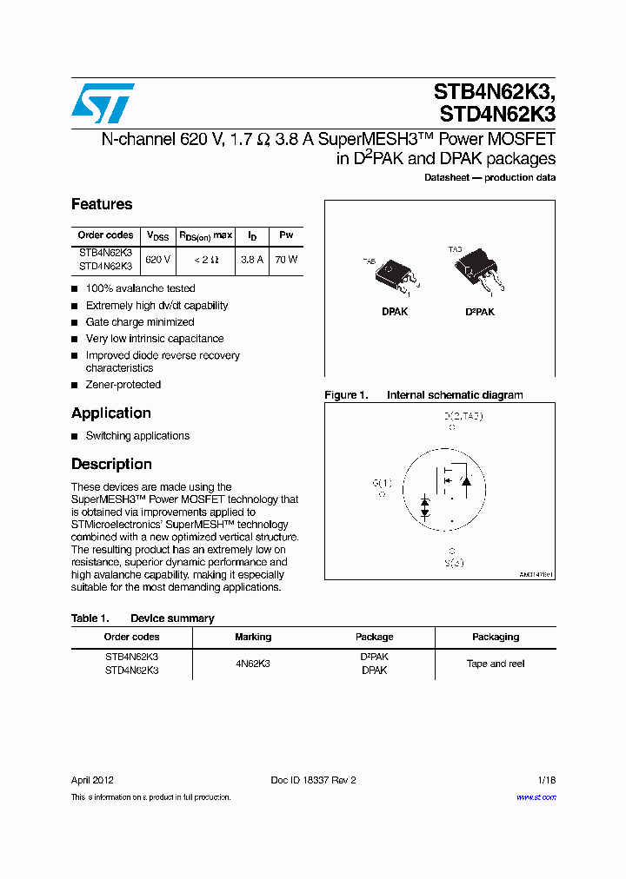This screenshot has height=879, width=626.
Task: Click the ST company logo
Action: click(x=103, y=103)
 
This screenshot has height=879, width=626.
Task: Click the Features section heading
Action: click(x=102, y=204)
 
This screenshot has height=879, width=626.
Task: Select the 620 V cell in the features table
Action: click(x=157, y=260)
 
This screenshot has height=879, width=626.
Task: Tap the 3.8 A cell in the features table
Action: click(x=252, y=260)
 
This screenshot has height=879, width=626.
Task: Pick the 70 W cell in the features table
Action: click(x=286, y=260)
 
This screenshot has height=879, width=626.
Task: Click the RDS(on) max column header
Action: click(x=206, y=235)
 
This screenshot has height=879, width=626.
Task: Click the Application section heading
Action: click(x=111, y=413)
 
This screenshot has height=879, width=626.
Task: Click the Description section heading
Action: click(x=111, y=464)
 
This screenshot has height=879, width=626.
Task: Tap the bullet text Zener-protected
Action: click(x=123, y=385)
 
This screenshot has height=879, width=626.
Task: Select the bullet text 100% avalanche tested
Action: click(x=141, y=288)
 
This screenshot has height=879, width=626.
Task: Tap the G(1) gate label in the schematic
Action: click(x=383, y=483)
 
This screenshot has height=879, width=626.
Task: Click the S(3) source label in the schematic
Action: click(x=453, y=563)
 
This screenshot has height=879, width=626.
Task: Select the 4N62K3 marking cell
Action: click(x=253, y=664)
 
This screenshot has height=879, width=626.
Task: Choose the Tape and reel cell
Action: click(x=496, y=664)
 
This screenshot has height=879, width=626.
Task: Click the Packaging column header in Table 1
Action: click(x=496, y=637)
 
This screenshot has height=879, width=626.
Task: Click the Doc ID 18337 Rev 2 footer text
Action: click(x=313, y=780)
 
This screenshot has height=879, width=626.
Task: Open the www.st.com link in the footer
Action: click(x=536, y=797)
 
